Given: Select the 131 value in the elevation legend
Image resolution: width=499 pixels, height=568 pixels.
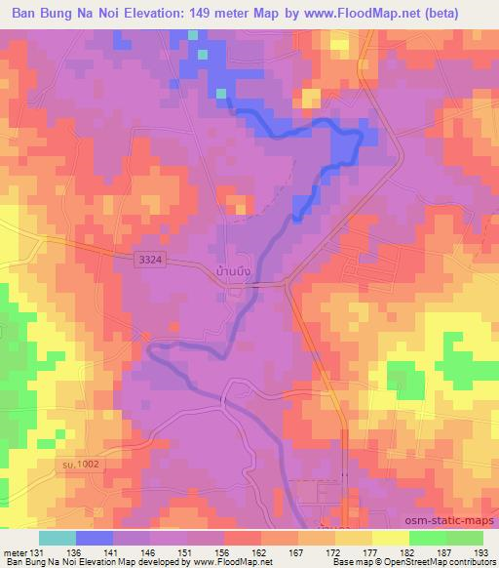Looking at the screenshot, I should pyautogui.click(x=36, y=550).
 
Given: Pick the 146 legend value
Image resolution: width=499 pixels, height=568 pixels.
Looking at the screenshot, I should pyautogui.click(x=147, y=550).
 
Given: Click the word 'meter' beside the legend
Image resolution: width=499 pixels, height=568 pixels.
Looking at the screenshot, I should pyautogui.click(x=14, y=550).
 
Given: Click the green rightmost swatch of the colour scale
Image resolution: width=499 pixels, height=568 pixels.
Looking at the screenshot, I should pyautogui.click(x=464, y=538).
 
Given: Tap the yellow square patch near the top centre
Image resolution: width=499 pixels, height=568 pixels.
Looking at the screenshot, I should pyautogui.click(x=311, y=98).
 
